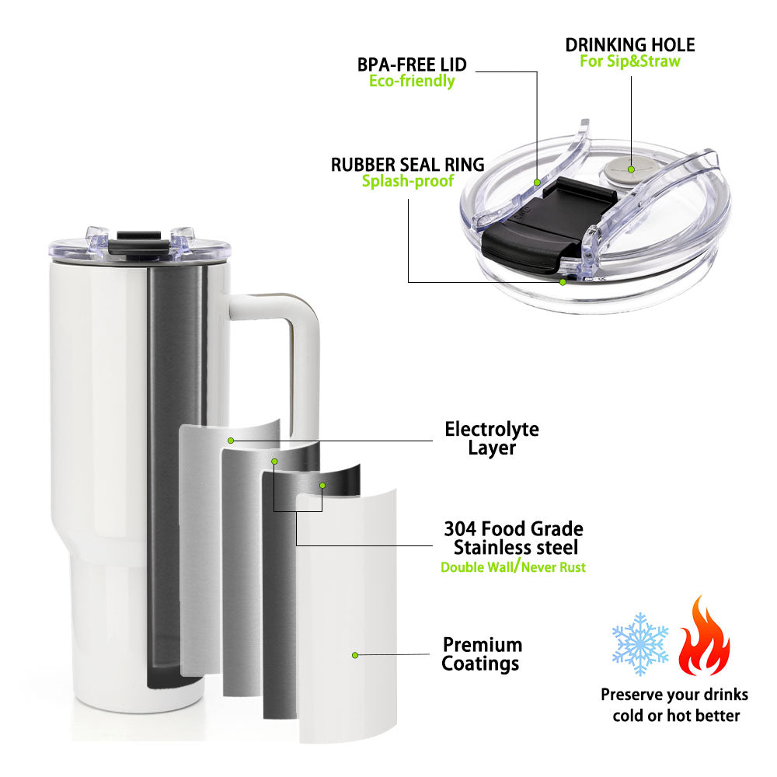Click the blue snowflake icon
[x=639, y=643]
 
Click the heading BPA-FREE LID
[x=412, y=64]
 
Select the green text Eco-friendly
[x=412, y=81]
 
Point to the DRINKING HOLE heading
[x=630, y=45]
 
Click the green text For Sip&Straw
[x=630, y=61]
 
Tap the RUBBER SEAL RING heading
[x=407, y=165]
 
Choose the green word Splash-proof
[x=407, y=181]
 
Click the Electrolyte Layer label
[x=492, y=438]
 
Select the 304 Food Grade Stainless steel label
[x=514, y=538]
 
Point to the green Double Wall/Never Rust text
[x=513, y=567]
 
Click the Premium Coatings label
[x=481, y=654]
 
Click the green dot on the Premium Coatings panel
[x=355, y=655]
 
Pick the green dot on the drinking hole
[x=631, y=169]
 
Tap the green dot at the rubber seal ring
[x=563, y=282]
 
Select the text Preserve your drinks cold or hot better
[x=675, y=705]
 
